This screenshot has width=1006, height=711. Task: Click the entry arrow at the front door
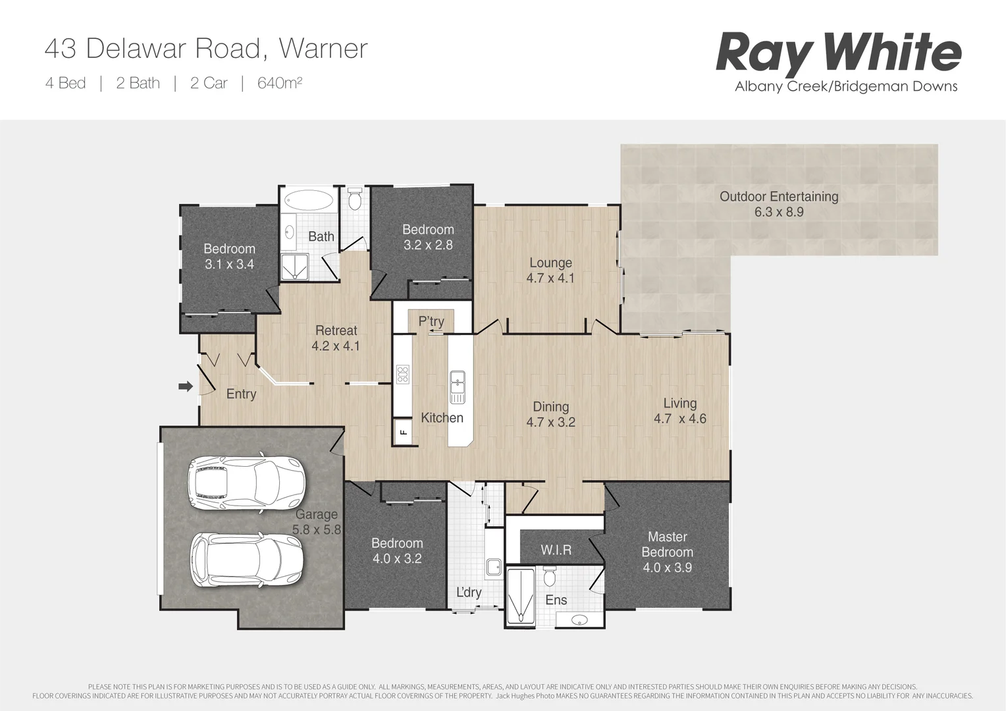click(x=185, y=386)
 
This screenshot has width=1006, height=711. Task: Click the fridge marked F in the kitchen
click(x=404, y=433)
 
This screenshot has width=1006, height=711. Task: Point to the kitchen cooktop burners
click(x=402, y=375)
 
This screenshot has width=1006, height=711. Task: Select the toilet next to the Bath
click(x=354, y=199)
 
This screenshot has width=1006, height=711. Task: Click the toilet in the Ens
click(x=550, y=577)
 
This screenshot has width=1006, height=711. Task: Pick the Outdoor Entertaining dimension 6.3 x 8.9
click(x=779, y=212)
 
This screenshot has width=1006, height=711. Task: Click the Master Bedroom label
click(x=667, y=544)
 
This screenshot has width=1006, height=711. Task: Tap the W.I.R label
click(x=556, y=550)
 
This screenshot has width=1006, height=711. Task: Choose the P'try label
click(x=431, y=321)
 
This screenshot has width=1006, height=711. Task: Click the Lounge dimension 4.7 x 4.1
click(x=550, y=278)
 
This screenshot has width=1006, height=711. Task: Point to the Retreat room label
click(x=336, y=330)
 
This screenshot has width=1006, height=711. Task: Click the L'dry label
click(x=469, y=592)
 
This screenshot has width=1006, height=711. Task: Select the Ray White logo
click(x=838, y=53)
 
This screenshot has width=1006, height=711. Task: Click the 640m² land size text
click(x=279, y=83)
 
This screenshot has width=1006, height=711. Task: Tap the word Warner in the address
click(x=323, y=49)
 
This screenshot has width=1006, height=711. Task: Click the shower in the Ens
click(x=521, y=596)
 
